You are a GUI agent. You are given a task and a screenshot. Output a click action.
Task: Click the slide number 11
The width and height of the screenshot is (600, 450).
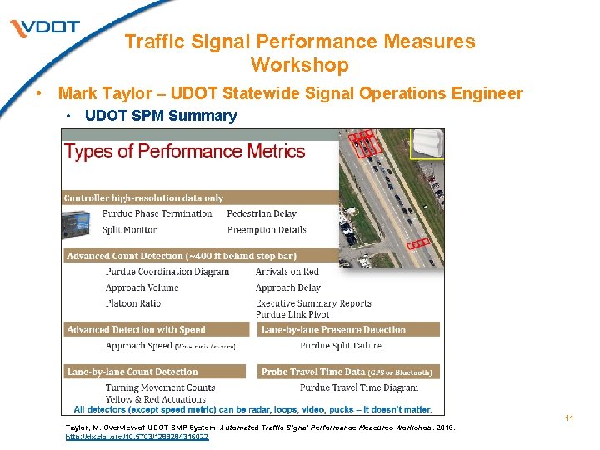click(x=569, y=417)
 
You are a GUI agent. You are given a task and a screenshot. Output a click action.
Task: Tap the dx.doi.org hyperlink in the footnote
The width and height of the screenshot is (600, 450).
click(x=137, y=436)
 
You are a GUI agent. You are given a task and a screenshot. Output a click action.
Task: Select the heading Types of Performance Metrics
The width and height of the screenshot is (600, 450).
click(x=184, y=152)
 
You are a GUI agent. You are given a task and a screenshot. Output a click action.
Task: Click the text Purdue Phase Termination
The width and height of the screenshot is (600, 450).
click(x=157, y=213)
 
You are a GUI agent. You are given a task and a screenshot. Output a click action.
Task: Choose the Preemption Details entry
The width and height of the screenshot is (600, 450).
click(x=267, y=229)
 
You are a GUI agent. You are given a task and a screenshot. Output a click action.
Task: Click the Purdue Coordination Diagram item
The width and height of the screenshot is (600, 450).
click(x=167, y=272)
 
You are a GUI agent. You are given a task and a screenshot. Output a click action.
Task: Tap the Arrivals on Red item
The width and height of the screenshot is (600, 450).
click(x=287, y=272)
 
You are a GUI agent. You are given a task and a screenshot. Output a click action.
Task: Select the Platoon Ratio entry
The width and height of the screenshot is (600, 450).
click(x=134, y=303)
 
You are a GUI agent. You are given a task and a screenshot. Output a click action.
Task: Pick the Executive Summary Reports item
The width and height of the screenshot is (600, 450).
click(x=313, y=303)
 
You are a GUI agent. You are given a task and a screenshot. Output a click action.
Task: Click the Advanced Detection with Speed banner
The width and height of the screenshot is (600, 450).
click(x=136, y=330)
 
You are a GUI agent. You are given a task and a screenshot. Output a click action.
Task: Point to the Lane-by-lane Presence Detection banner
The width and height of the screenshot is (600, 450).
click(x=333, y=330)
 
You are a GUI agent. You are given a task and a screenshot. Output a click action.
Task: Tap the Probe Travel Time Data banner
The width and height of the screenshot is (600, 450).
click(x=347, y=372)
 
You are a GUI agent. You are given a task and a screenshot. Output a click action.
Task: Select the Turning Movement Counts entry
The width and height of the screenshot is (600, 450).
click(x=160, y=387)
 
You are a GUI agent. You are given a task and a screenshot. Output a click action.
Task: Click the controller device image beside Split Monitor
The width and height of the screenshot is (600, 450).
click(x=81, y=222)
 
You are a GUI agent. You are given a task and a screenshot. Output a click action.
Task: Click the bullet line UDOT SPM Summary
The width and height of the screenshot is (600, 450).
click(x=161, y=116)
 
